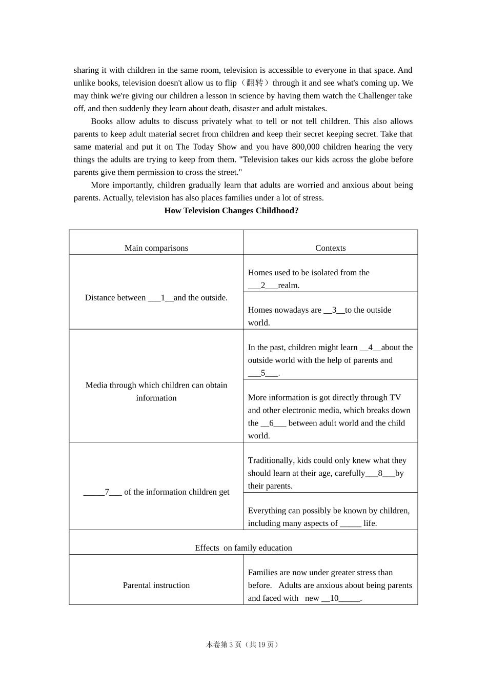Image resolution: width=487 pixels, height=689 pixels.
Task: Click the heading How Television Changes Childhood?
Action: pos(231,211)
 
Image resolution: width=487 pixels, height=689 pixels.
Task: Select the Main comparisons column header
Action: pos(156,248)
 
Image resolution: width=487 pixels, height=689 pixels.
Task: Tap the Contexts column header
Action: pos(330,248)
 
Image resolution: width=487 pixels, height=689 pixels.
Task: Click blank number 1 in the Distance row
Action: pos(161,298)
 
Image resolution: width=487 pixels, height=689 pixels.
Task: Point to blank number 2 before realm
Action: pos(263,286)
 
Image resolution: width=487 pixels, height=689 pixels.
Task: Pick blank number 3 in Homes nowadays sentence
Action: pos(334,310)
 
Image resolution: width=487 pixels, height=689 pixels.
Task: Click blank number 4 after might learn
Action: pos(371,348)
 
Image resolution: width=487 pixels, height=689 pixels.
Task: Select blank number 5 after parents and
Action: pos(263,373)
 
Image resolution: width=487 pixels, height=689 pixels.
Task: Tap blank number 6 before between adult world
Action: pos(273,423)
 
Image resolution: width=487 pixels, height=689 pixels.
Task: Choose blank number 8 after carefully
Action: pos(380,474)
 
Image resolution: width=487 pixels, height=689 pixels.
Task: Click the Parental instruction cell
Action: pos(156,585)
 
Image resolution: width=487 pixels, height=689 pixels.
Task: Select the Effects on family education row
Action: pos(243,548)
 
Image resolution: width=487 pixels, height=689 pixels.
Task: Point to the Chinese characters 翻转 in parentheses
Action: pos(255,83)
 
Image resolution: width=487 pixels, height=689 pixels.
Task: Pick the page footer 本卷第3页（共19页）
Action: pos(243,645)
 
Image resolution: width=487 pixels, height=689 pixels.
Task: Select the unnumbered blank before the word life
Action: pos(350,523)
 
